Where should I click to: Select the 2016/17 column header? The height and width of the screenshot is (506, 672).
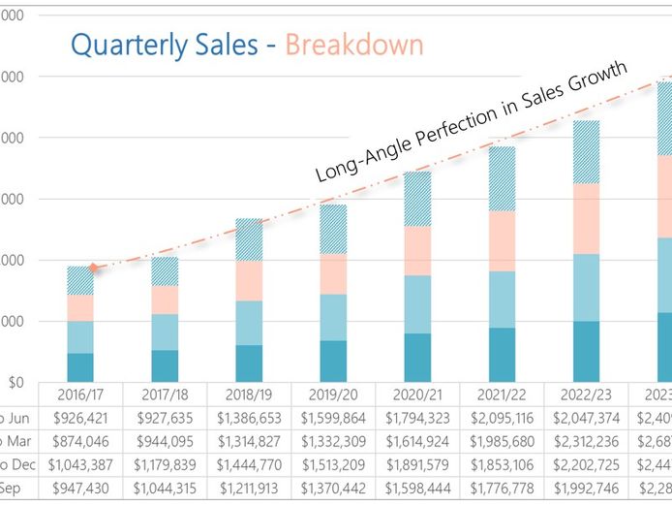click(80, 395)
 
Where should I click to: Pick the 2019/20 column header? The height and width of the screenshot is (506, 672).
click(334, 395)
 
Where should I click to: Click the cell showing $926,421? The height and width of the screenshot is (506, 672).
click(80, 418)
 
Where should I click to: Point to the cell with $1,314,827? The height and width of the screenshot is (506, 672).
click(249, 441)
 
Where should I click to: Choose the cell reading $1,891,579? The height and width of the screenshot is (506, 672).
click(418, 464)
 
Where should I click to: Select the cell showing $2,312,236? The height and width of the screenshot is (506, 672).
click(587, 441)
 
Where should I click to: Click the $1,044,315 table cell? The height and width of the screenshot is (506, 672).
click(165, 488)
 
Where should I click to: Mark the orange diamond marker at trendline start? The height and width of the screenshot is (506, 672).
click(93, 267)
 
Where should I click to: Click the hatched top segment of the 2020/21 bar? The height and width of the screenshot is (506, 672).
click(418, 199)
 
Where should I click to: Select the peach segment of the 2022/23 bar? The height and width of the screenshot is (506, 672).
click(587, 218)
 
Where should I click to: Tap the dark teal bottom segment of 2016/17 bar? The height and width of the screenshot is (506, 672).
click(80, 367)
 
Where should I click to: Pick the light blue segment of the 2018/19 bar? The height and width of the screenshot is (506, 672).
click(249, 323)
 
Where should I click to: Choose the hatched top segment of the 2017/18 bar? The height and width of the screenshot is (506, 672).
click(165, 271)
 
